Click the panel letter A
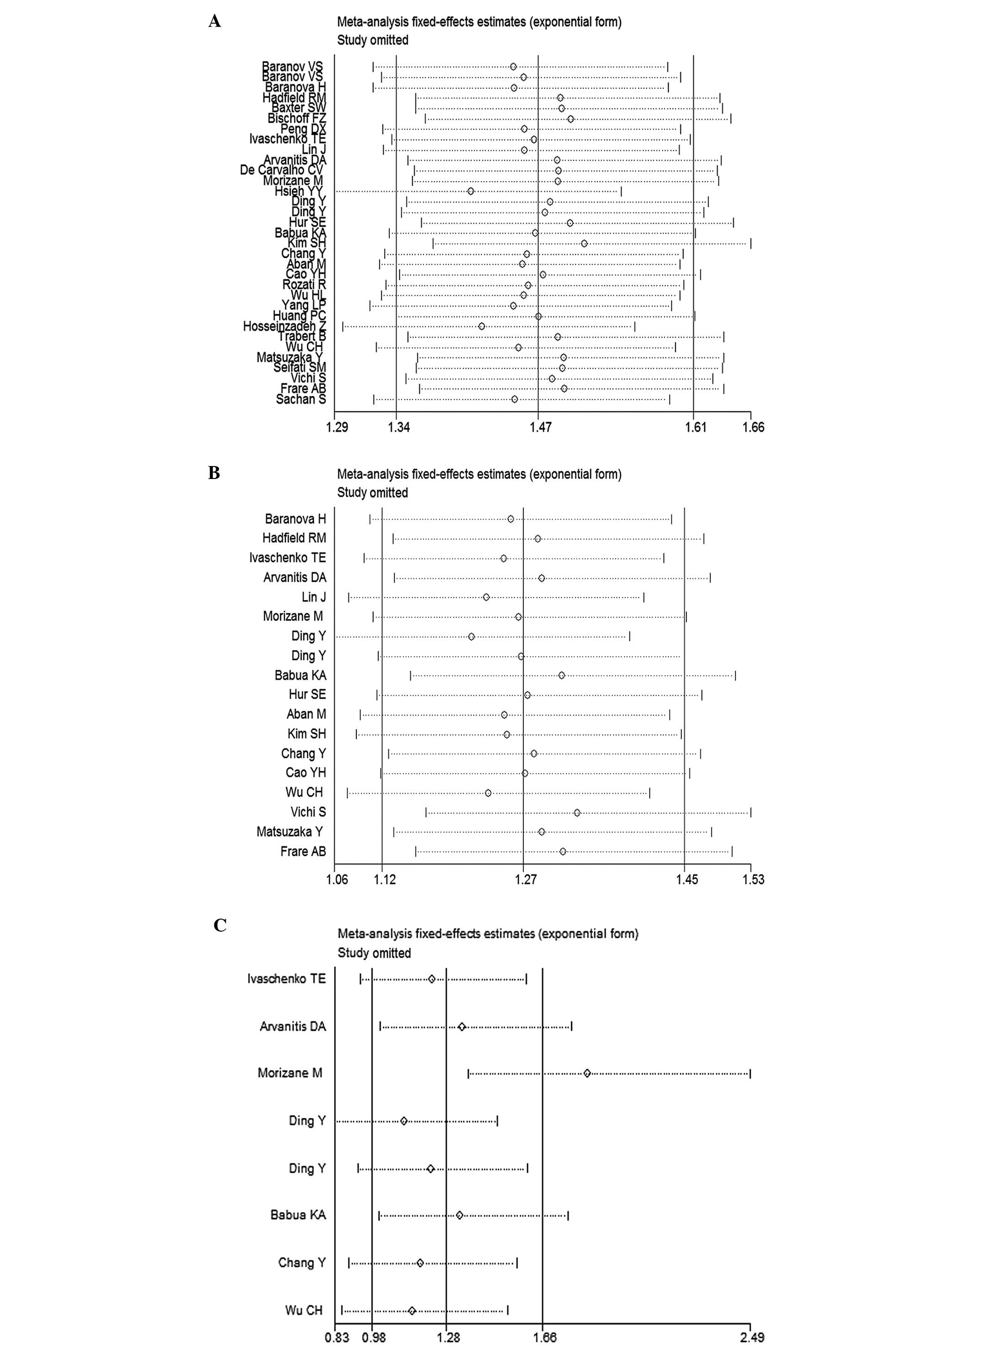(x=215, y=22)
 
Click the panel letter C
(x=220, y=925)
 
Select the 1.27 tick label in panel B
(x=525, y=879)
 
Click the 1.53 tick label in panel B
(x=753, y=879)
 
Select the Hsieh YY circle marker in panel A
(x=471, y=191)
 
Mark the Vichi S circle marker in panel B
(x=577, y=813)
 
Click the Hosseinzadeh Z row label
(x=284, y=326)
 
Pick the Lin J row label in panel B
(x=313, y=597)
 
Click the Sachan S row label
(x=301, y=399)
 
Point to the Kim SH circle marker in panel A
(x=584, y=243)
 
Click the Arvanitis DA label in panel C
(x=293, y=1026)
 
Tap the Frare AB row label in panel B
(x=303, y=851)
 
